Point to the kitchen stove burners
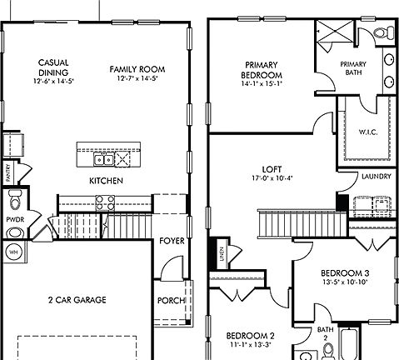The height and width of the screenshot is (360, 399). click(x=104, y=200)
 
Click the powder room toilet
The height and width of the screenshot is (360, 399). click(x=13, y=202)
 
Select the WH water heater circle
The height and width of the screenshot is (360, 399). click(x=13, y=251)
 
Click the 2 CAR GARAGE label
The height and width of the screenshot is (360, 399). click(x=77, y=299)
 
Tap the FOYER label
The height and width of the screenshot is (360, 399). click(x=172, y=242)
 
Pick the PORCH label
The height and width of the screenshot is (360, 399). click(x=171, y=302)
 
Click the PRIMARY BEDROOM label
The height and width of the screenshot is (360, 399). click(x=260, y=69)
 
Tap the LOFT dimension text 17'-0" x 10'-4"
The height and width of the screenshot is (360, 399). click(x=271, y=177)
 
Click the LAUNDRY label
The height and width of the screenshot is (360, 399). click(x=371, y=176)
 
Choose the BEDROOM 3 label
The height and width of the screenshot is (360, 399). click(x=343, y=272)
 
